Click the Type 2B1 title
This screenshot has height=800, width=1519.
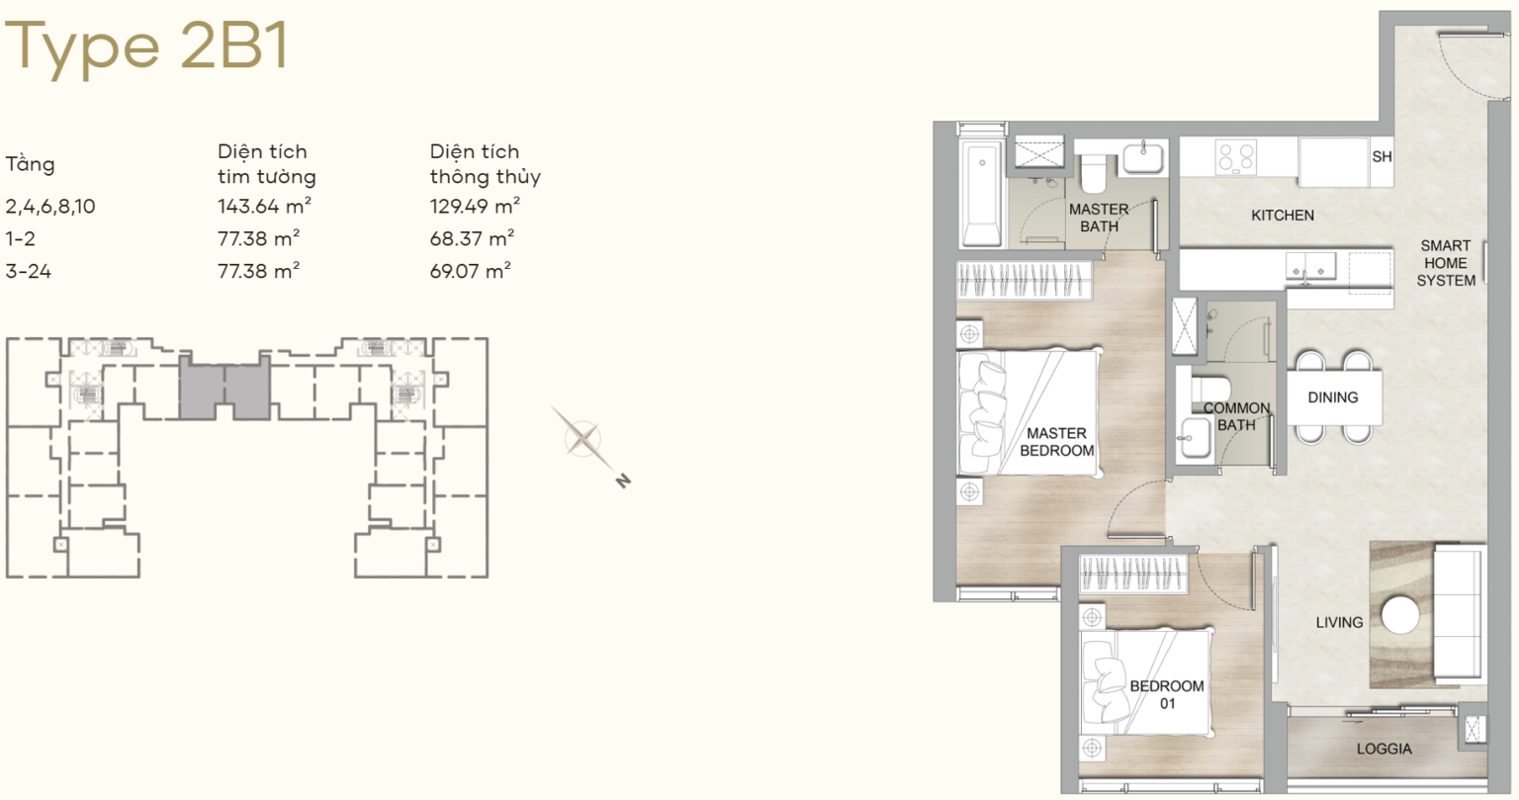(x=147, y=46)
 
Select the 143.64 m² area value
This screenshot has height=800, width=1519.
(x=264, y=206)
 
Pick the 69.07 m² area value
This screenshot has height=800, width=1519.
(x=471, y=271)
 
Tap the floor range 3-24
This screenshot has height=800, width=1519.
(x=29, y=271)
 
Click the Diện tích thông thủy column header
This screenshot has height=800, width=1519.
(x=485, y=164)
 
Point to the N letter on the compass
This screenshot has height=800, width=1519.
(x=623, y=481)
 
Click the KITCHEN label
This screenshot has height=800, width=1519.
(x=1283, y=215)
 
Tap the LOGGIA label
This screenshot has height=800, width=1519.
(x=1385, y=749)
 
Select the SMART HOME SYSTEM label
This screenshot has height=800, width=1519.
(x=1446, y=263)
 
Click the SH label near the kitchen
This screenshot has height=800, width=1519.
(x=1382, y=156)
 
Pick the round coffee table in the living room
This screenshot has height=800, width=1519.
(x=1400, y=615)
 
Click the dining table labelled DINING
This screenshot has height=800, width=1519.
(x=1334, y=398)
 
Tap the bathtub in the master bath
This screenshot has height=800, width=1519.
(x=981, y=193)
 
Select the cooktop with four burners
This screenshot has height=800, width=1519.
(x=1235, y=157)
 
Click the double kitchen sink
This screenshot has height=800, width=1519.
(x=1310, y=266)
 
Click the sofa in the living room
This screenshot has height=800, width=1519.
(x=1457, y=614)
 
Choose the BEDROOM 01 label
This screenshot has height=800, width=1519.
(x=1167, y=694)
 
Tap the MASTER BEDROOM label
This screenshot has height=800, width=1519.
(x=1056, y=442)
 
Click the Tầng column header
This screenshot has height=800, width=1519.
(x=30, y=163)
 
